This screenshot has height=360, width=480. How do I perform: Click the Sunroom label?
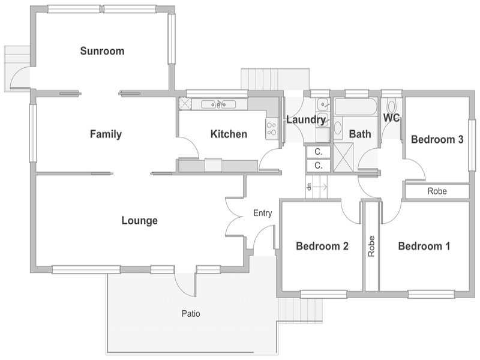102,52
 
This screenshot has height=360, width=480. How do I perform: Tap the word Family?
106,134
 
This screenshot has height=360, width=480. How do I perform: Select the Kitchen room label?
229,134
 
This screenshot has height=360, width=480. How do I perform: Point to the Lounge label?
139,221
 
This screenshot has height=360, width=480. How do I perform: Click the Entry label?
262,213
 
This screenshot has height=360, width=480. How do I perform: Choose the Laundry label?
305,120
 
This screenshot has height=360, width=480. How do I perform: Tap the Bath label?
360,134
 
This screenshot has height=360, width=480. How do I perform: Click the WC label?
391,118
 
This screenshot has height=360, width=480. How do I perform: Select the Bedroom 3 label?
436,140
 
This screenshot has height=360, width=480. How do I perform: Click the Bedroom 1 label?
424,246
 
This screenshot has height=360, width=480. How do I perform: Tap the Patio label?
191,313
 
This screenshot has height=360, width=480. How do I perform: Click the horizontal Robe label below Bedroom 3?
436,192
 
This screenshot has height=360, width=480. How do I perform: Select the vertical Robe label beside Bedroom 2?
371,246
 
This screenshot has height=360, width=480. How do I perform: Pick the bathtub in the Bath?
355,109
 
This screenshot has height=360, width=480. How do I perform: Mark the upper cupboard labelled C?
318,151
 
